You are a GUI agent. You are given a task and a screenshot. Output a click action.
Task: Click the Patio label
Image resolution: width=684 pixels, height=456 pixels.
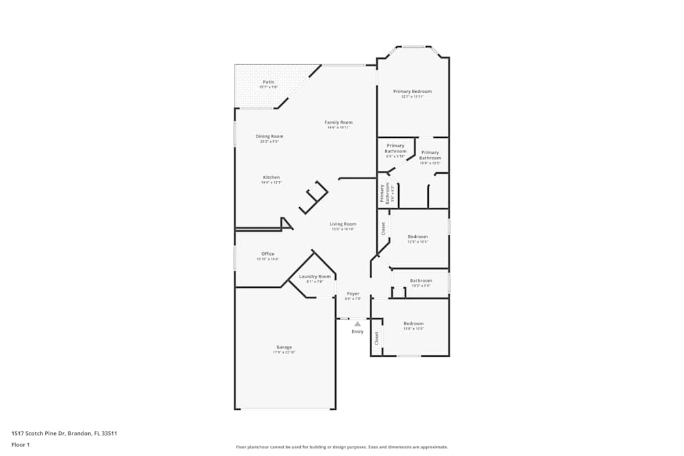(x=269, y=82)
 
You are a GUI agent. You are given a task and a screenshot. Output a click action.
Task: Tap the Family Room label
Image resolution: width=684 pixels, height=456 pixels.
(x=339, y=122)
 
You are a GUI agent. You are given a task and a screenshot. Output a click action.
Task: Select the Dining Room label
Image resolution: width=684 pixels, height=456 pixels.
(x=269, y=136)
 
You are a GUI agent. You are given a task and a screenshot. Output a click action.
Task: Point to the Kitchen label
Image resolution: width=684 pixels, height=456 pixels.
(x=271, y=178)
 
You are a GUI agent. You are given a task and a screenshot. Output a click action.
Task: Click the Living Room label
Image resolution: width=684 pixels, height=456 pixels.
(x=343, y=224)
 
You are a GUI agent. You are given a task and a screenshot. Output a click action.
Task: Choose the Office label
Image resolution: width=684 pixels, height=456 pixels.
(x=267, y=254)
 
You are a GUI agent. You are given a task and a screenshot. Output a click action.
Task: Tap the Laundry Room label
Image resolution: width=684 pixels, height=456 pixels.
(x=315, y=276)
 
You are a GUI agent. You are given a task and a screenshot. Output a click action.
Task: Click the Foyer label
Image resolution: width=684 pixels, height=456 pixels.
(x=352, y=294)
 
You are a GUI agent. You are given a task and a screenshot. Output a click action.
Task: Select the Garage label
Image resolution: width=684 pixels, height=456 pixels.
(x=284, y=347)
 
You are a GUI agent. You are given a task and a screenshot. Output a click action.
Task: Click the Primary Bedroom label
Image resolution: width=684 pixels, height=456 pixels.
(x=412, y=91)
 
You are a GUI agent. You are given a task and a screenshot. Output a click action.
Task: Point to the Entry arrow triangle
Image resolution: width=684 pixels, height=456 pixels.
(x=357, y=323)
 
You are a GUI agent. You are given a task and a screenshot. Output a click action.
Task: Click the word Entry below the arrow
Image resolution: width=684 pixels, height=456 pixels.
(x=358, y=332)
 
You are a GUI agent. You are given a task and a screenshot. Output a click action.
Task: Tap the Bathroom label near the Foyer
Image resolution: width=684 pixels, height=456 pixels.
(x=421, y=280)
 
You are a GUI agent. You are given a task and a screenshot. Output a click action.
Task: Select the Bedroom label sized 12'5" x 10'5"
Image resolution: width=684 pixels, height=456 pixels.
(x=417, y=237)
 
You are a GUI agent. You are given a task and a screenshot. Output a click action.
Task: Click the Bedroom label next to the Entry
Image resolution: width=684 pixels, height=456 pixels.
(x=413, y=323)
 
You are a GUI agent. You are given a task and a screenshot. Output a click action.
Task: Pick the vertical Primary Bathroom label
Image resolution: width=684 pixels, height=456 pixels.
(x=387, y=193)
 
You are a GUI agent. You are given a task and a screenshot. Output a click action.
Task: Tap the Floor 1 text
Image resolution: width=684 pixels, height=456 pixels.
(x=21, y=444)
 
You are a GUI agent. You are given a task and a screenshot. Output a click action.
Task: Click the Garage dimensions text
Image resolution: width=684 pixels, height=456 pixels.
(x=284, y=352)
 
